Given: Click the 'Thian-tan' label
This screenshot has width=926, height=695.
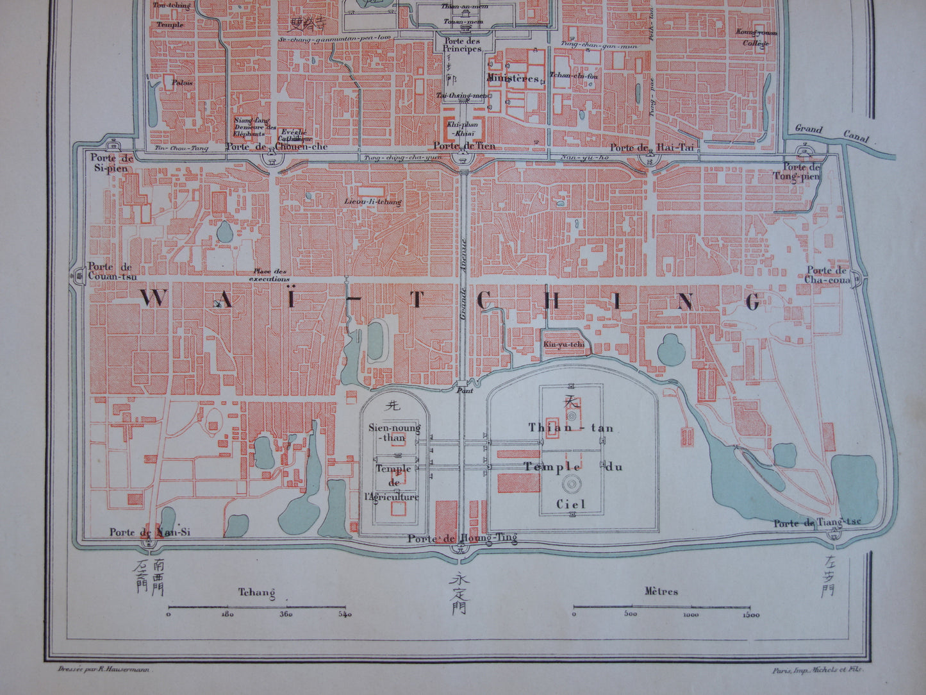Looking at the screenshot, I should tap(571, 428).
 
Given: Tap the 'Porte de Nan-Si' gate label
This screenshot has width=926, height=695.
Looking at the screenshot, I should tap(150, 532).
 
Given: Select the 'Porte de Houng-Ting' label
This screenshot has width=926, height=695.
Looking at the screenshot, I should tap(462, 539).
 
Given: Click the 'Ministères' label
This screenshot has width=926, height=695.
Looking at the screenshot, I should tap(513, 78).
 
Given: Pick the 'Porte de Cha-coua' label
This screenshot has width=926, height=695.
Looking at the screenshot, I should tap(827, 275).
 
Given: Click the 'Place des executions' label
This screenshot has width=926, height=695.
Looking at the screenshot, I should tap(271, 275).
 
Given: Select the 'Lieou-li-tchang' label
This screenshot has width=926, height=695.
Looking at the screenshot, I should tap(372, 202).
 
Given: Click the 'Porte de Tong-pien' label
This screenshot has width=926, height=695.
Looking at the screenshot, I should tap(805, 172).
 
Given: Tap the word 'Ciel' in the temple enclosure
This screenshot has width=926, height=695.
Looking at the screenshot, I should tap(570, 504).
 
